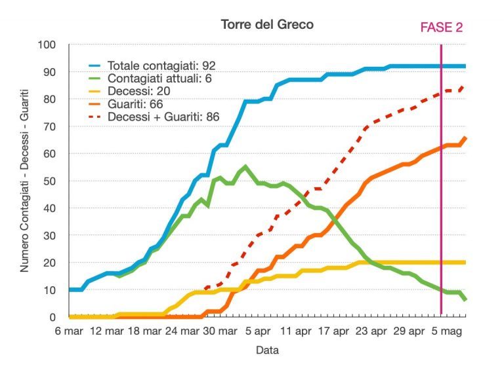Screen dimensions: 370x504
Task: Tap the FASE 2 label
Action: tap(441, 27)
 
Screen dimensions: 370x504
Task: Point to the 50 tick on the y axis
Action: tap(58, 181)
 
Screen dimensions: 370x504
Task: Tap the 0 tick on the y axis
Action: tap(60, 318)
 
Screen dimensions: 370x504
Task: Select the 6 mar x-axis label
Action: tap(69, 331)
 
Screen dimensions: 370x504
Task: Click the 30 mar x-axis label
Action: tap(220, 331)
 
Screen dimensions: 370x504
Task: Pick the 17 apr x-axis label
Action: tap(333, 331)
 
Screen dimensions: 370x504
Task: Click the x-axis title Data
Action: tap(267, 350)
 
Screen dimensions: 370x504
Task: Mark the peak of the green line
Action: tap(245, 166)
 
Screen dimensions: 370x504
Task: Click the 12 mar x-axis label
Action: tap(106, 331)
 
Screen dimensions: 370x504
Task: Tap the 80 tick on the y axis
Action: tap(58, 99)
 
